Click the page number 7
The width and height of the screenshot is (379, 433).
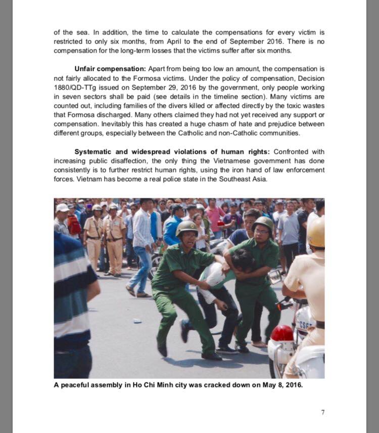(322, 412)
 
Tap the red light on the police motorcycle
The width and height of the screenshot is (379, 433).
(282, 333)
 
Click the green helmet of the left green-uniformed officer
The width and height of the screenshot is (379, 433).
(187, 227)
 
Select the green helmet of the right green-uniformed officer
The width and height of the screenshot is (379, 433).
(263, 223)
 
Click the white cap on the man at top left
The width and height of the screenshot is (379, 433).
(63, 207)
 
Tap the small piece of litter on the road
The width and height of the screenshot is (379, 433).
(137, 321)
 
